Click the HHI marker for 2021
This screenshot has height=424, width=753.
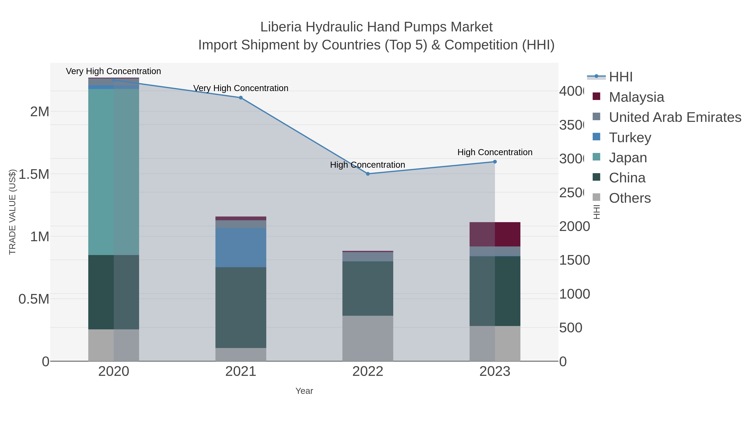(x=241, y=98)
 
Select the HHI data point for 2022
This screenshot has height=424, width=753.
(x=368, y=174)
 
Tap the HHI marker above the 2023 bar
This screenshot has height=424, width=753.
(x=495, y=162)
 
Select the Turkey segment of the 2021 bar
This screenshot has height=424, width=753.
(x=241, y=247)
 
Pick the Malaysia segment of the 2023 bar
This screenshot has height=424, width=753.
(x=495, y=234)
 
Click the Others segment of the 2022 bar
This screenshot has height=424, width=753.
(x=368, y=338)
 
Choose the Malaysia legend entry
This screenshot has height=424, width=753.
(x=636, y=97)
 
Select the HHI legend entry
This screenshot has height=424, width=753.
(x=621, y=77)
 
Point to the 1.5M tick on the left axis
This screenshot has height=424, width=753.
(x=34, y=174)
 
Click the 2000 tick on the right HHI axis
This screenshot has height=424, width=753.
(x=574, y=227)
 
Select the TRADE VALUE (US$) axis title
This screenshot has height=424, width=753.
(x=12, y=212)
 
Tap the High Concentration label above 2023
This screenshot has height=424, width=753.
(x=495, y=152)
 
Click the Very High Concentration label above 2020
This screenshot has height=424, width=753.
(x=113, y=71)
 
